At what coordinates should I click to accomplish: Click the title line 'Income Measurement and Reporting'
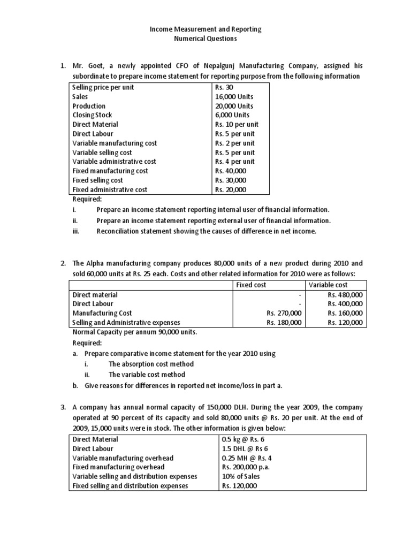[x=205, y=29]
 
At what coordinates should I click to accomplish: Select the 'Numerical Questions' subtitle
[x=205, y=39]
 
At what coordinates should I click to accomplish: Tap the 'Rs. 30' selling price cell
[x=224, y=87]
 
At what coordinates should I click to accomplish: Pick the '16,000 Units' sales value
[x=234, y=97]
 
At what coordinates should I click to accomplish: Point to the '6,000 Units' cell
[x=233, y=115]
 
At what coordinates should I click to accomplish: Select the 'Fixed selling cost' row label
[x=98, y=180]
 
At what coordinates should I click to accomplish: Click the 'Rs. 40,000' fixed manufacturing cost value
[x=231, y=171]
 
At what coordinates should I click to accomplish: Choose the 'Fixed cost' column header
[x=252, y=285]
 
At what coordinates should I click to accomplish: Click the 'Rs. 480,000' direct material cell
[x=345, y=294]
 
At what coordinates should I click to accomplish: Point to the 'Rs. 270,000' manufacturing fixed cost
[x=284, y=313]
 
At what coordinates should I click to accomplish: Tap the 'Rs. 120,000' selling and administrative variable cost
[x=345, y=323]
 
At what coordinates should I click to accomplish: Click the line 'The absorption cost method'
[x=151, y=364]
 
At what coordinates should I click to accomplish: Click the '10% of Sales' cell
[x=239, y=476]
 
